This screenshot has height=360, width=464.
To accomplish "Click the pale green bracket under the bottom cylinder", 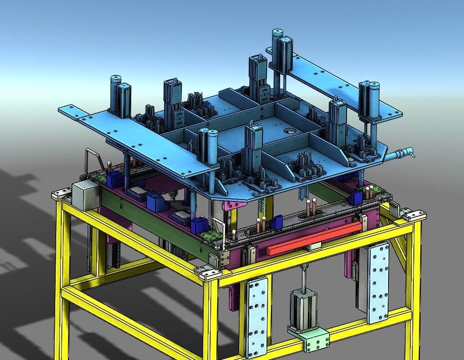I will point(309,338).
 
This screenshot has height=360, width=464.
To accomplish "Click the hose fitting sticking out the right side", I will point(403,153).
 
